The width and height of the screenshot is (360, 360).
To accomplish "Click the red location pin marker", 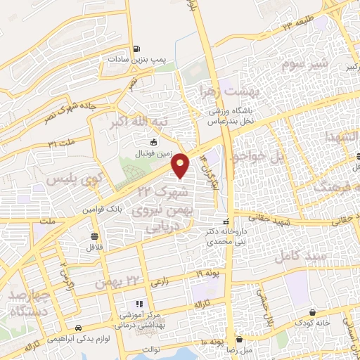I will (x=181, y=165).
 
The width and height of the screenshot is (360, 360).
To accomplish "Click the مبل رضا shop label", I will (x=242, y=349).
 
